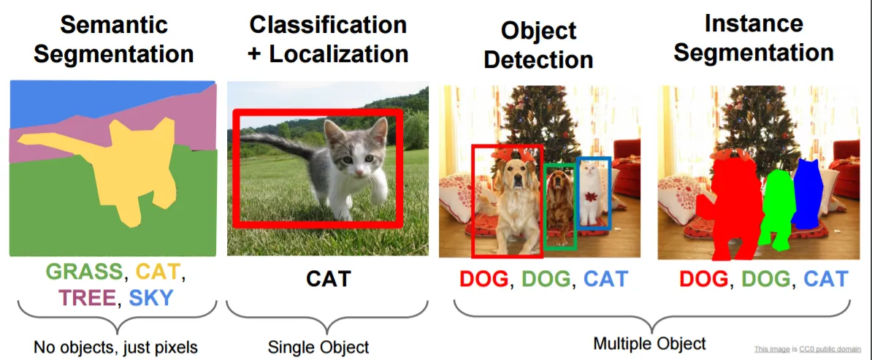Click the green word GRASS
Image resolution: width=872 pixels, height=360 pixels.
(83, 272)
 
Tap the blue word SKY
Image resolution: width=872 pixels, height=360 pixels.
(151, 299)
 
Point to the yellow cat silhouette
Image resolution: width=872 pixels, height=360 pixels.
(128, 167)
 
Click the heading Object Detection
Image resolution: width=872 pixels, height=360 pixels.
(538, 45)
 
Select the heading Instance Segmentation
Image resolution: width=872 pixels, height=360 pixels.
(753, 38)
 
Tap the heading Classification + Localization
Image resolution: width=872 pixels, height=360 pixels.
(329, 39)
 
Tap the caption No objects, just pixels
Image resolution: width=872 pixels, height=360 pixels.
(115, 348)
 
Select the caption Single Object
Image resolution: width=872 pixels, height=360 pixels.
(318, 347)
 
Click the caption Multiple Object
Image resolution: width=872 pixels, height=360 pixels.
(649, 343)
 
